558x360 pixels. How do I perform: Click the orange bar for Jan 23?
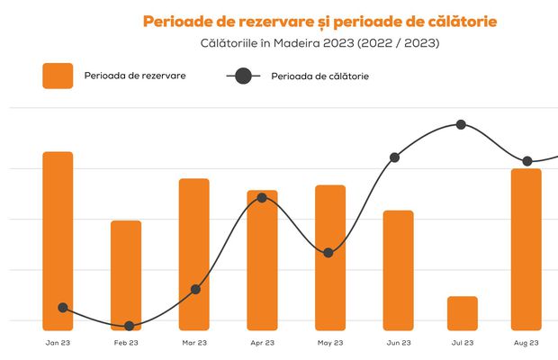(x=58, y=239)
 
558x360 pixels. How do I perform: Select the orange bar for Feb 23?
(x=126, y=274)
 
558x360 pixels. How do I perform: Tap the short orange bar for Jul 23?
(x=463, y=312)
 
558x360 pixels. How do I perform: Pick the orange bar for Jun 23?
(x=398, y=269)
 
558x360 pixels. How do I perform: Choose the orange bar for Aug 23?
(x=526, y=248)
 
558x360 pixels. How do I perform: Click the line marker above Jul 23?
(x=461, y=124)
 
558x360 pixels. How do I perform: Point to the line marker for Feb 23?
(x=129, y=326)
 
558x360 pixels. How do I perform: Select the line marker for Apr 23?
(x=262, y=197)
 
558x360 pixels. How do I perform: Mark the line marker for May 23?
(x=328, y=253)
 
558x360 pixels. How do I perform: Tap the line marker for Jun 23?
(x=394, y=157)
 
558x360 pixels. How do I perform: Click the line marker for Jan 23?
(x=63, y=308)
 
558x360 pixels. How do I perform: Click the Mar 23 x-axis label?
(x=195, y=343)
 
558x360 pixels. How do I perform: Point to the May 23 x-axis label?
(x=330, y=343)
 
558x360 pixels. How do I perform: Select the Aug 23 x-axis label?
(x=526, y=343)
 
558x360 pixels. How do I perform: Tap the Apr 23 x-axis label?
(x=263, y=343)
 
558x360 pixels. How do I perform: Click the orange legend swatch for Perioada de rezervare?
(x=58, y=76)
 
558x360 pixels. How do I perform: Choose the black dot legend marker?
(x=243, y=76)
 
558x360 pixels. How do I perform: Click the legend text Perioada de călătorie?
(x=319, y=76)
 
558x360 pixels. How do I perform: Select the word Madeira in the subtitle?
(x=314, y=42)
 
